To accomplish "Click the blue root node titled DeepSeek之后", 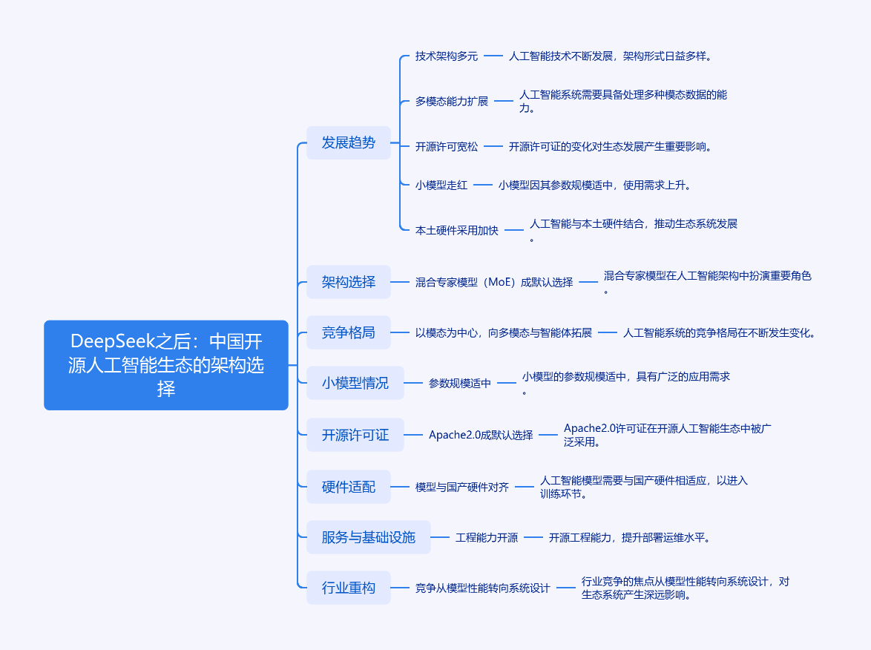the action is [x=166, y=365].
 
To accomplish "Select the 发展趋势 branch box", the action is [x=348, y=142].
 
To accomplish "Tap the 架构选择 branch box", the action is [x=348, y=282].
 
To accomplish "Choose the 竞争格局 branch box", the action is [x=348, y=332].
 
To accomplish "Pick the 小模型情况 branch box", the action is [x=355, y=383].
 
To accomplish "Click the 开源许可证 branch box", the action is [x=355, y=435].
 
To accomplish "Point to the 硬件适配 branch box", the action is [x=348, y=487].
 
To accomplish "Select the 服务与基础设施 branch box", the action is [x=368, y=537].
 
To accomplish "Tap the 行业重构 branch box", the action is [x=348, y=588].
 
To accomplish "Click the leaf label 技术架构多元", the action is [x=447, y=56].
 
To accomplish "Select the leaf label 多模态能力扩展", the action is [x=452, y=101].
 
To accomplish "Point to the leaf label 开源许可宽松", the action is [x=447, y=147].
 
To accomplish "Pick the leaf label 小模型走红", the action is [x=441, y=185].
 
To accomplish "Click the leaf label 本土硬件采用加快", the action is [x=456, y=230].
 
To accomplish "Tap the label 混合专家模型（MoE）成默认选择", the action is [x=494, y=282].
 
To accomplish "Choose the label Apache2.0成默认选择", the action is [x=481, y=435].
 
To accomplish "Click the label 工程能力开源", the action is [x=487, y=537].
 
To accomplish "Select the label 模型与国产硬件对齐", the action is [x=462, y=487].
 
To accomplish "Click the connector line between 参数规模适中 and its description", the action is [x=507, y=383].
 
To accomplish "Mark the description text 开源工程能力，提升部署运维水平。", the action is [x=629, y=537].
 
